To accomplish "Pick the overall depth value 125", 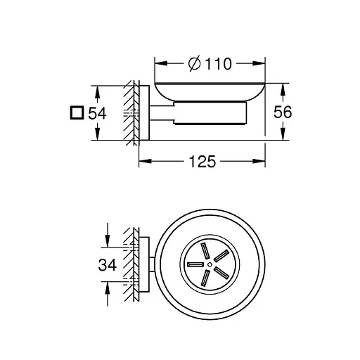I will (202, 162).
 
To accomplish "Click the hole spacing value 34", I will (106, 264).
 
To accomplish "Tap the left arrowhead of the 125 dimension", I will (141, 162).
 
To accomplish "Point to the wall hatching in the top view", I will (129, 264).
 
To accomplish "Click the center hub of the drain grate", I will (208, 265).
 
